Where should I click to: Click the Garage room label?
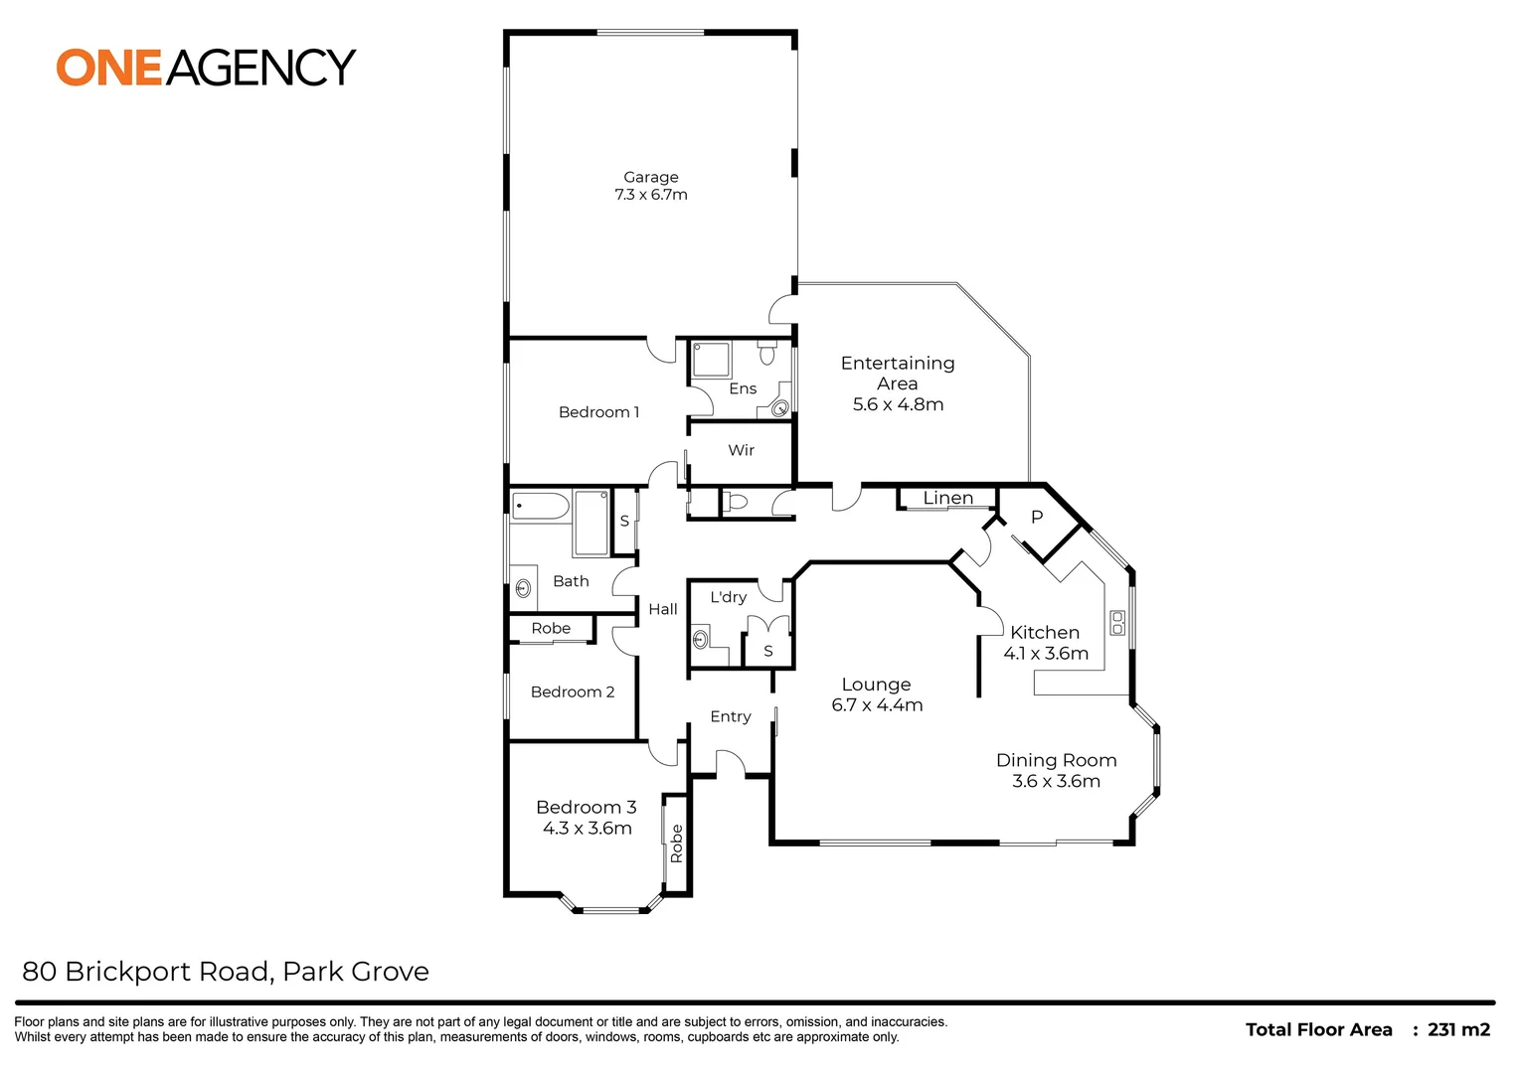tap(650, 177)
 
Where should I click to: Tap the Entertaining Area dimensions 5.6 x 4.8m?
tap(898, 404)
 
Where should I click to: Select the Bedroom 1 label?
tap(598, 412)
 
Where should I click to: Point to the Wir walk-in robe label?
tap(741, 450)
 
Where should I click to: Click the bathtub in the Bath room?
tap(541, 506)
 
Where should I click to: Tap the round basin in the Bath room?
tap(523, 588)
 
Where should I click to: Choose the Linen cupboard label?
tap(947, 498)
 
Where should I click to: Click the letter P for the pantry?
tap(1037, 518)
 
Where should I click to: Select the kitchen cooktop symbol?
tap(1117, 623)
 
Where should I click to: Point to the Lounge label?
tap(876, 685)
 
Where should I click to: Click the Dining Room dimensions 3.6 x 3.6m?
tap(1056, 781)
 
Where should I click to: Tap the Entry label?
tap(730, 716)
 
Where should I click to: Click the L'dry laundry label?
tap(728, 597)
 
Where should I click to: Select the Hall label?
tap(663, 609)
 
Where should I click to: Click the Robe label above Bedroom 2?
tap(551, 628)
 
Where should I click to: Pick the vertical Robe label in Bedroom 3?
tap(677, 843)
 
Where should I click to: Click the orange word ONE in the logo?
tap(108, 68)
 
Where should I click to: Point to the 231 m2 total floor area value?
tap(1458, 1029)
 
